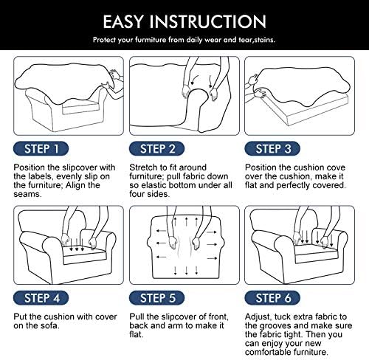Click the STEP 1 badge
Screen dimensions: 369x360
click(x=41, y=149)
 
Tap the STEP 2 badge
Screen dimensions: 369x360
click(x=156, y=149)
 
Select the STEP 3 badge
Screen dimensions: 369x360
click(x=272, y=149)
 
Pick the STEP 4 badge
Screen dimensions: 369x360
click(x=41, y=298)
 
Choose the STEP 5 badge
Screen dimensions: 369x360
click(x=156, y=298)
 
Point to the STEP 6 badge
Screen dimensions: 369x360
click(x=272, y=298)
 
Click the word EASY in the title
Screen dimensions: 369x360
click(x=123, y=21)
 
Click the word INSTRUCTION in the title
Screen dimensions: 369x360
click(x=208, y=21)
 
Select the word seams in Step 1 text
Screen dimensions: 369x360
click(x=27, y=194)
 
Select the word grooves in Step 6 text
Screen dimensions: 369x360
click(x=275, y=326)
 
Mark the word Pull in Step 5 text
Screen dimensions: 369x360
click(x=137, y=316)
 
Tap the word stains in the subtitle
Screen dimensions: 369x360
click(x=264, y=40)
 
